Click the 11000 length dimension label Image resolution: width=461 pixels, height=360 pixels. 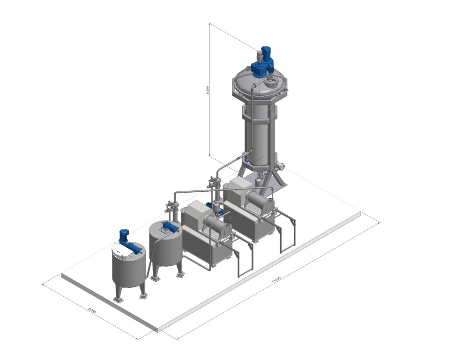tap(276, 280)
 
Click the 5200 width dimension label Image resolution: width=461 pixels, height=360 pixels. tap(92, 310)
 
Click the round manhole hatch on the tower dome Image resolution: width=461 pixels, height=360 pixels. tap(270, 83)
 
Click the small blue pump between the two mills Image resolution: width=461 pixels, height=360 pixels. tap(209, 205)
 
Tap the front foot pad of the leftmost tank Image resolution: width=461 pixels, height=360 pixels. tap(118, 299)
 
